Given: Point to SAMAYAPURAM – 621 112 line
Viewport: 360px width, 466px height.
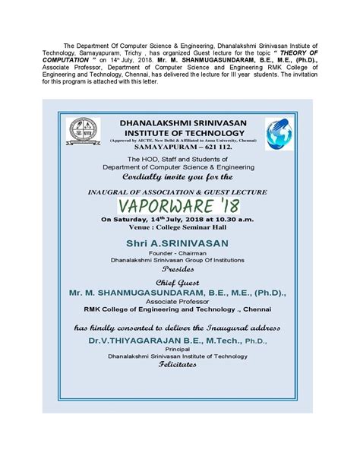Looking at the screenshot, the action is (x=181, y=148).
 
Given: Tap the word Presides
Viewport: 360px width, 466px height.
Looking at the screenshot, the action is (x=180, y=268).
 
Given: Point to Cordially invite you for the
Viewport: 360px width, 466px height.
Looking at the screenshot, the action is (x=180, y=177).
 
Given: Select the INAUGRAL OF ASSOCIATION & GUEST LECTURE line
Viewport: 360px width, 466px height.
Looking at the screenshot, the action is (x=180, y=191).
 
